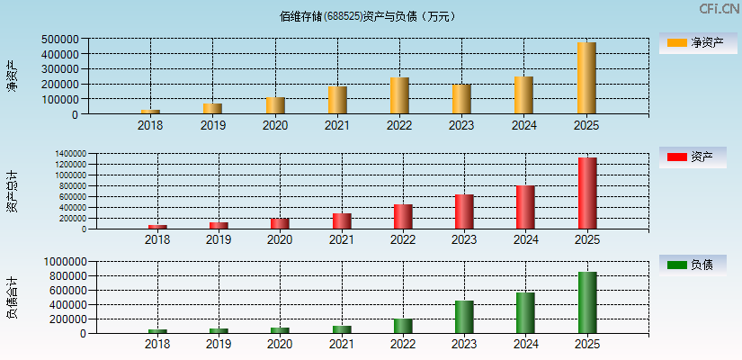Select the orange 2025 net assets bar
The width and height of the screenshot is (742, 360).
coord(586,78)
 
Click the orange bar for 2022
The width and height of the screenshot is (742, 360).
coord(399,95)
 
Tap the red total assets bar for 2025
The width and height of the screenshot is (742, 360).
coord(587,193)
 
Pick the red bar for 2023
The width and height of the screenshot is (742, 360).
coord(464,211)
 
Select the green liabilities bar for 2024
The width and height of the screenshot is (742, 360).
coord(525,312)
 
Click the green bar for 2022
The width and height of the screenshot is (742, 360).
coord(403,326)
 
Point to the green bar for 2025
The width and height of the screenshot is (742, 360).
coord(587,302)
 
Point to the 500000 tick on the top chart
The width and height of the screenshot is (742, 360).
coord(58,40)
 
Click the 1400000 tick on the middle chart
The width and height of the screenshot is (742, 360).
coord(69,154)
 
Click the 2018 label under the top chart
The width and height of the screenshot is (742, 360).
coord(150,125)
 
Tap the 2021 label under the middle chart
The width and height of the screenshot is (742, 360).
coord(341,239)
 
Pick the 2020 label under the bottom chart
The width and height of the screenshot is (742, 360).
coord(280,345)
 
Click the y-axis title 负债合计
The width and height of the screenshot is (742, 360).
coord(12,298)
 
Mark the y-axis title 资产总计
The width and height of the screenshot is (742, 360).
coord(12,191)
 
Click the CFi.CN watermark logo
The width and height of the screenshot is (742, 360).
coord(718,9)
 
